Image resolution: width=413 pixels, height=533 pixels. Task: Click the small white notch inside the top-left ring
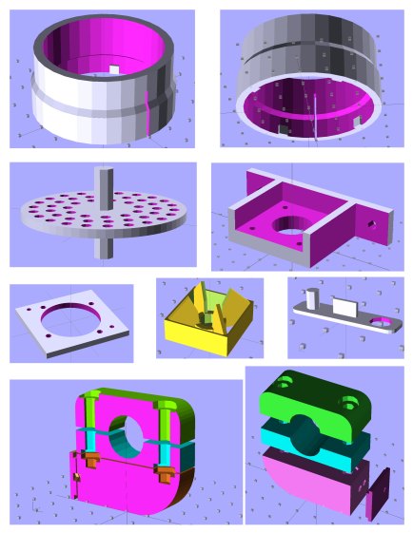(113, 69)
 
